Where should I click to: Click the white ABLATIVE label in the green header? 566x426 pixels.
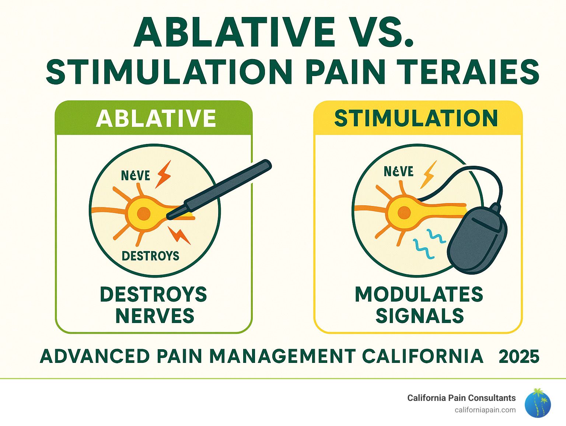pyautogui.click(x=156, y=118)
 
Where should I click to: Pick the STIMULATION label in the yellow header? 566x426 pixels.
pyautogui.click(x=416, y=118)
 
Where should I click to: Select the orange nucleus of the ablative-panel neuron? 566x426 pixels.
pyautogui.click(x=143, y=213)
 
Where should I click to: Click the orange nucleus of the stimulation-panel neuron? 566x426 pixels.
pyautogui.click(x=404, y=213)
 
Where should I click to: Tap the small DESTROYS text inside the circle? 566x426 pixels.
pyautogui.click(x=150, y=256)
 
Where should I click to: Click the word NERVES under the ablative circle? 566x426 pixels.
pyautogui.click(x=155, y=316)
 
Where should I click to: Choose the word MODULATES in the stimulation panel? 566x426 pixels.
pyautogui.click(x=419, y=295)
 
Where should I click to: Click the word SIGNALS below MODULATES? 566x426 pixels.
pyautogui.click(x=419, y=316)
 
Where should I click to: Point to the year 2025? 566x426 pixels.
pyautogui.click(x=519, y=357)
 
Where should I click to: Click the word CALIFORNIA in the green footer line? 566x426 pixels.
pyautogui.click(x=422, y=357)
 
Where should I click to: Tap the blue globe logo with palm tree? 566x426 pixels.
pyautogui.click(x=538, y=403)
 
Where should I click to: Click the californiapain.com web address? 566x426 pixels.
pyautogui.click(x=485, y=410)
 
